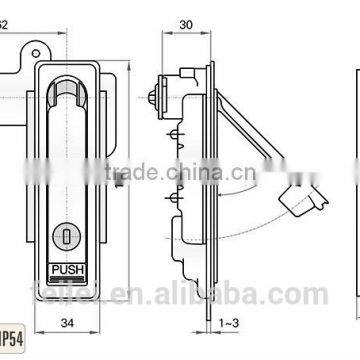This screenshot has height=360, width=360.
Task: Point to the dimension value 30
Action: point(184,24)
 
